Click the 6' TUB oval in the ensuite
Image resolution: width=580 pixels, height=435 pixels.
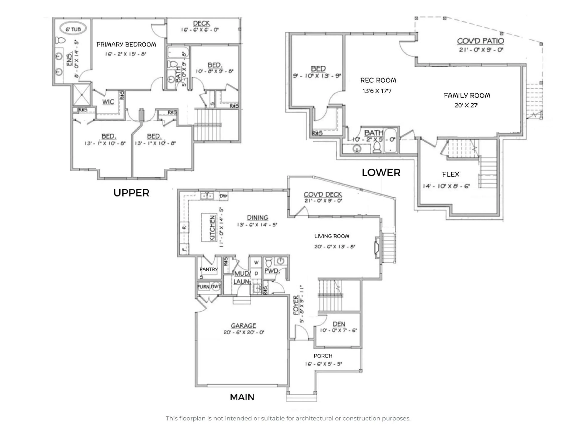pos(73,29)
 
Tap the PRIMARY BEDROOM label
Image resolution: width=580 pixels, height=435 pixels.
pos(126,45)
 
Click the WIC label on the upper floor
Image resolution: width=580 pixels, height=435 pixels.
pos(108,102)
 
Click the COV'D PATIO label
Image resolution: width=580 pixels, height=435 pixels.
pos(480,41)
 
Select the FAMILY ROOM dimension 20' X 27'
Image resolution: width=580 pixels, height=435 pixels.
pos(466,105)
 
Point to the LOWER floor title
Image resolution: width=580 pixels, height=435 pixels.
pos(381,172)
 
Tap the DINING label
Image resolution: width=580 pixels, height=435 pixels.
pos(258,218)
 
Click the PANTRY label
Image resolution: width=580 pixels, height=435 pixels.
pos(208,269)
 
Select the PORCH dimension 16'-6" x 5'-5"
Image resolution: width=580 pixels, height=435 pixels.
pos(323,364)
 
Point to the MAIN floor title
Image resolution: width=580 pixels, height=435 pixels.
pos(242,397)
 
